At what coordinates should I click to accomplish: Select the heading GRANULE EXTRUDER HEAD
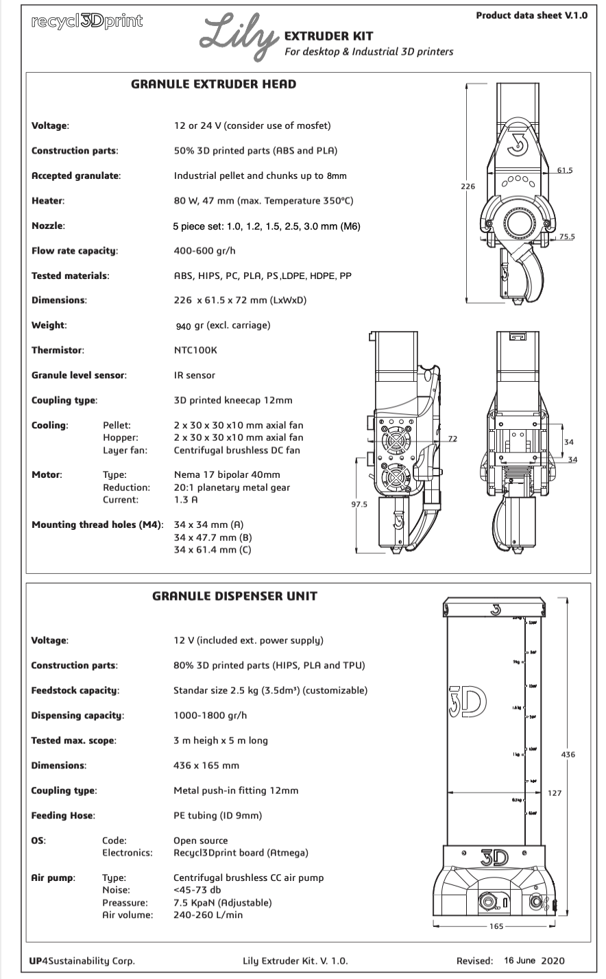213,84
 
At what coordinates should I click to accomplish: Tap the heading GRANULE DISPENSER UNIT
234,596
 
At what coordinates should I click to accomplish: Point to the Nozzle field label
49,226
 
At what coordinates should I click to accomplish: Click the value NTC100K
195,350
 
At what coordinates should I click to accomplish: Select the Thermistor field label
58,350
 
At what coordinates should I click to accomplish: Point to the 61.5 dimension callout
565,169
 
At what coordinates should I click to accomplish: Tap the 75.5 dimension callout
567,237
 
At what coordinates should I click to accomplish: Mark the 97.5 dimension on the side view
359,505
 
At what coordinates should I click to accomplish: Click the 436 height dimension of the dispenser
568,754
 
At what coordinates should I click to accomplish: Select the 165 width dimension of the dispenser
496,926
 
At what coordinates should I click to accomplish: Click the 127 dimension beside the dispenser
555,793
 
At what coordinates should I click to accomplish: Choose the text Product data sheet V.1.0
531,16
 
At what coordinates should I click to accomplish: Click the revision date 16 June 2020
535,960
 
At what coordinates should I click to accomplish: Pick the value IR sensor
195,375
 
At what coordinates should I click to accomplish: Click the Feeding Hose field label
63,815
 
